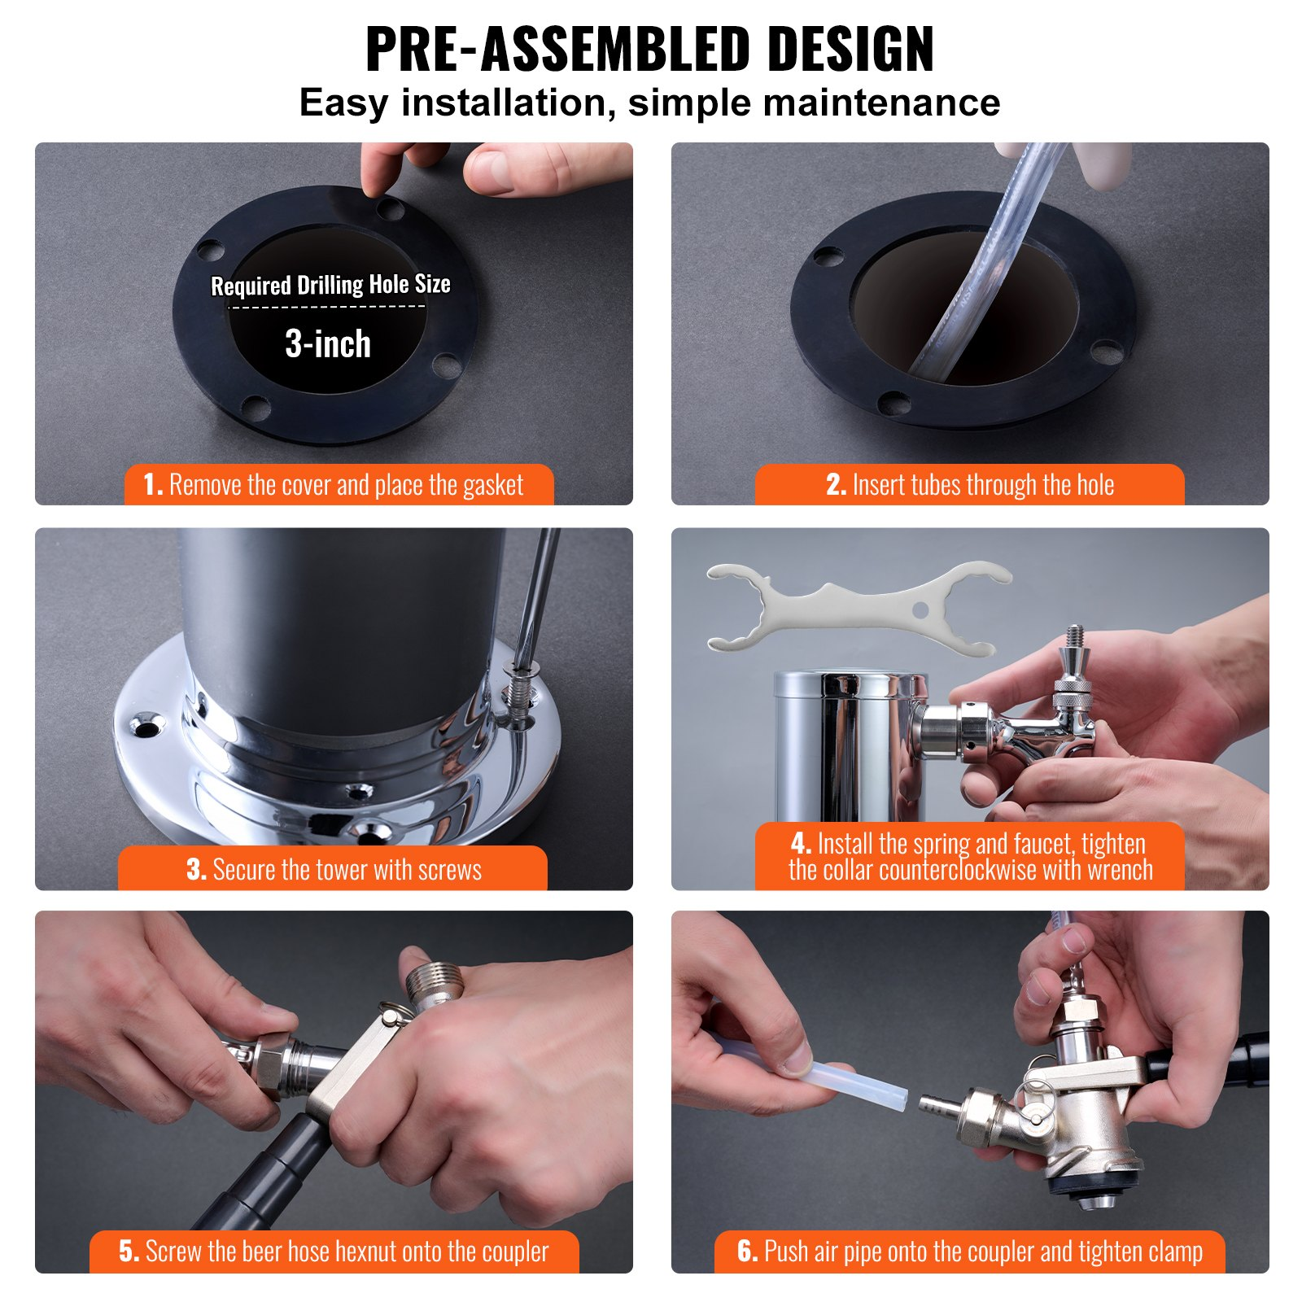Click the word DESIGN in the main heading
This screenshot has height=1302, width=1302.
click(x=850, y=50)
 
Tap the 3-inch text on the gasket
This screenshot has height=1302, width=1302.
click(x=328, y=344)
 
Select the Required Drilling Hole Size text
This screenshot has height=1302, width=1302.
click(x=330, y=285)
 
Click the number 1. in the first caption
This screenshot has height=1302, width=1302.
click(x=152, y=485)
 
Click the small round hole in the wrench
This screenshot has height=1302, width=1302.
click(x=920, y=609)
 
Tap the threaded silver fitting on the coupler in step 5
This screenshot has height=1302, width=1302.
click(x=436, y=980)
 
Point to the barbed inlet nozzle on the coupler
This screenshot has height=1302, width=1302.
click(x=937, y=1106)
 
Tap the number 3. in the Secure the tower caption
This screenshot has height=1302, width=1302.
click(x=195, y=870)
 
